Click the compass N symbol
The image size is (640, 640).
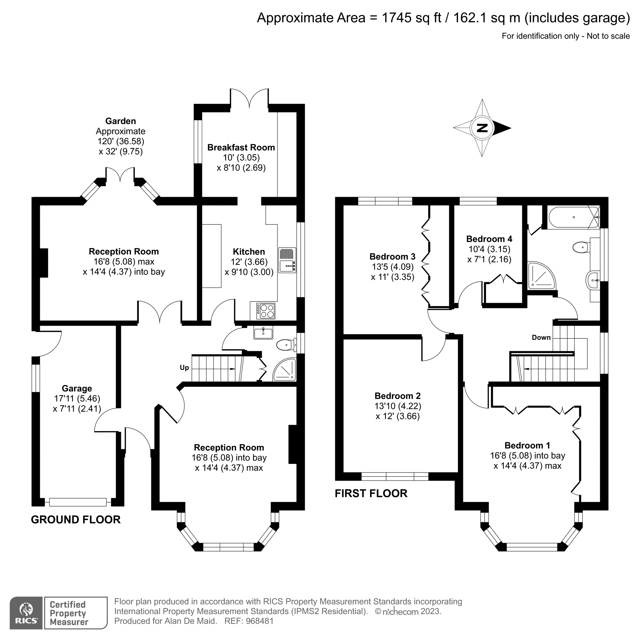482,128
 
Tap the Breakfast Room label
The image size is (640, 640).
241,148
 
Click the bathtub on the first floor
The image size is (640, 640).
573,217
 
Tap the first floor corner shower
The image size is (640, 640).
540,275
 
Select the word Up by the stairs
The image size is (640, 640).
184,367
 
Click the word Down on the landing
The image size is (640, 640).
541,337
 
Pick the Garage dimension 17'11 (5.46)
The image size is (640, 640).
77,398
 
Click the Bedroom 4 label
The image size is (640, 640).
489,239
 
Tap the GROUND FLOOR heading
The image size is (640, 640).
76,519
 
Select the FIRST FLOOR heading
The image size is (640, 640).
371,493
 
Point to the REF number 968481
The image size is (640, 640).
260,621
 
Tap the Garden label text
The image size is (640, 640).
121,121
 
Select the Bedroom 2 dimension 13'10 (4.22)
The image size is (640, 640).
397,406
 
